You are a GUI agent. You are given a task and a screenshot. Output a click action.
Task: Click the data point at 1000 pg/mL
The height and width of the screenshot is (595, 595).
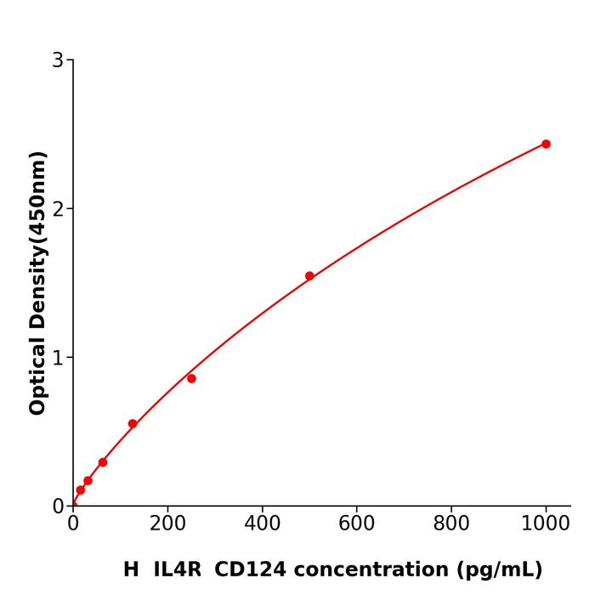click(x=546, y=144)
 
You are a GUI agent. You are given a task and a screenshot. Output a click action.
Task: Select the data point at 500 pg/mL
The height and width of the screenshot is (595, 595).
click(x=309, y=275)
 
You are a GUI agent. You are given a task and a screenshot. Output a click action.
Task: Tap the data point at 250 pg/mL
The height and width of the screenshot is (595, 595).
click(x=191, y=378)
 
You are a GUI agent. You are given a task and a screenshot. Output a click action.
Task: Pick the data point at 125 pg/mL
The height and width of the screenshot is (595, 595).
click(x=133, y=423)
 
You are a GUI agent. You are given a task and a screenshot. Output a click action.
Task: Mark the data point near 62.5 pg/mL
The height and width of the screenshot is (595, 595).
click(x=103, y=462)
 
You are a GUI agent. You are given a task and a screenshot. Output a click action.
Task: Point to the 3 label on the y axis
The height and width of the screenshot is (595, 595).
click(x=58, y=60)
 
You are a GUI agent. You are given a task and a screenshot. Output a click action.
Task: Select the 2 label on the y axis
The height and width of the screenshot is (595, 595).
click(x=58, y=209)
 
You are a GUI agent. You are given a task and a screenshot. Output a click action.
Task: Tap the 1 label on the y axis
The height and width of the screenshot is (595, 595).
click(x=58, y=358)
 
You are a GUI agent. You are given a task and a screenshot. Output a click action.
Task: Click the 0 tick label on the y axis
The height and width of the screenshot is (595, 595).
click(x=58, y=506)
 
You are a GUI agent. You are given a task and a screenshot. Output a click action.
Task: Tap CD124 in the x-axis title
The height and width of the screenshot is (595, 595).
click(x=245, y=569)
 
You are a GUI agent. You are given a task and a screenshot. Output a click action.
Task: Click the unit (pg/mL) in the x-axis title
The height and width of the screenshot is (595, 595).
click(x=499, y=569)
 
